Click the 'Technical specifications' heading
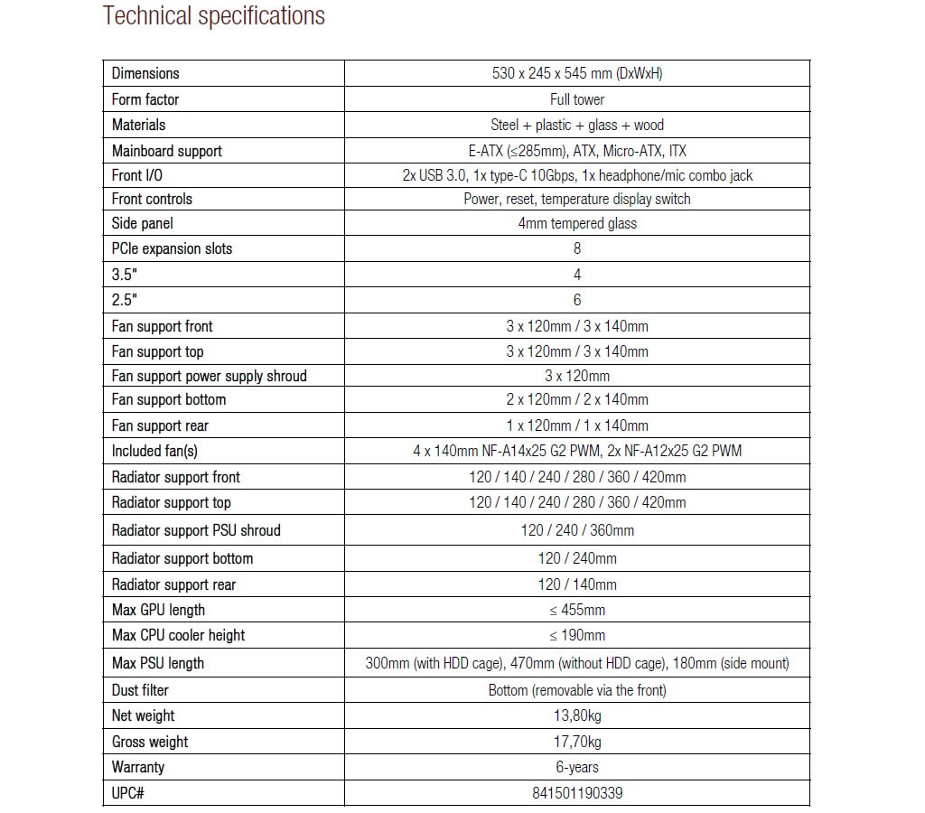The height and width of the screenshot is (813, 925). coord(213,16)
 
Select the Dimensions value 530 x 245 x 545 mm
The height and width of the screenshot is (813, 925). coord(577,73)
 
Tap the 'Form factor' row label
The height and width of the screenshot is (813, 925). coord(145,99)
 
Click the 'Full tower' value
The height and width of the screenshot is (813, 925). coord(577,99)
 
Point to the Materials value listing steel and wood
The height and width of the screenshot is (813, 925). coord(577,125)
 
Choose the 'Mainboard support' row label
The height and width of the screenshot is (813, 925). coord(167,151)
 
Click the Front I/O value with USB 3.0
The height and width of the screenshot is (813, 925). coord(577,175)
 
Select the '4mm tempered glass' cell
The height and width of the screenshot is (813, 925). coord(577,223)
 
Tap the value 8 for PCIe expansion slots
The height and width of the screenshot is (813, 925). coord(577,248)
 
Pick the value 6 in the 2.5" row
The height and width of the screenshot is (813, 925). coord(577,300)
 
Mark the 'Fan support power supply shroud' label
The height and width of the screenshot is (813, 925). coord(210,376)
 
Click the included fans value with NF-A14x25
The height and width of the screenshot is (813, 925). coord(577,450)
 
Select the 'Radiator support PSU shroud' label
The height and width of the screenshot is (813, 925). coord(196,530)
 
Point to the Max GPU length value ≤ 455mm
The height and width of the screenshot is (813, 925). coord(577,610)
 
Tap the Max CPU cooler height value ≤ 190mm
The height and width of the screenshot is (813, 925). coord(577,635)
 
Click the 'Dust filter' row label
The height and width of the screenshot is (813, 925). coord(140,690)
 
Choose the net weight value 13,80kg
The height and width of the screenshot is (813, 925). coord(577,715)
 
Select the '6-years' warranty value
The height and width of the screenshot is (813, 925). coord(577,767)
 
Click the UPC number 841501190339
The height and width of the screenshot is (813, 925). coord(577,793)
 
